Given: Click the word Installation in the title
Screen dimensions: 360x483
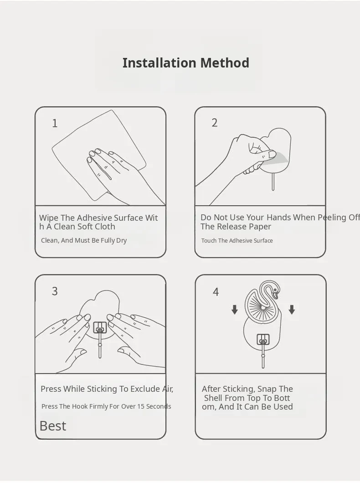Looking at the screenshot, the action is tap(159, 63).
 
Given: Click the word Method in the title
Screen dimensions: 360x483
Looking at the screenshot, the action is tap(225, 63).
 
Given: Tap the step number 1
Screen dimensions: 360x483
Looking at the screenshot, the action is tap(55, 123).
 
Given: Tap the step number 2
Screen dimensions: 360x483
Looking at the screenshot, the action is tap(215, 123).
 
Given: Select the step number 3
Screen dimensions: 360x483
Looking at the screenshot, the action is tap(55, 291).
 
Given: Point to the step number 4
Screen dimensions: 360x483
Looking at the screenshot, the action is tap(216, 292).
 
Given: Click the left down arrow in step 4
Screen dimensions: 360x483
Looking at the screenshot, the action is tap(235, 310).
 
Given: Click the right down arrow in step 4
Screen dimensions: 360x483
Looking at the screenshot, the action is tap(292, 310).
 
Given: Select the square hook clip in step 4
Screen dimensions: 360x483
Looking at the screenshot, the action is tap(263, 340).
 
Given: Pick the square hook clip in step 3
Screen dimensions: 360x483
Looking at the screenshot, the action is tap(100, 328).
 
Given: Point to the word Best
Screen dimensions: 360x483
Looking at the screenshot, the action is tap(53, 426).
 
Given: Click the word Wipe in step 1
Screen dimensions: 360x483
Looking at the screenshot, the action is tap(49, 218).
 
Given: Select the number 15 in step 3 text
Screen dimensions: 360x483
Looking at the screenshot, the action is tap(141, 406).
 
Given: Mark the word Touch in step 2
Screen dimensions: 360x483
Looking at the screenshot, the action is tap(209, 240).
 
